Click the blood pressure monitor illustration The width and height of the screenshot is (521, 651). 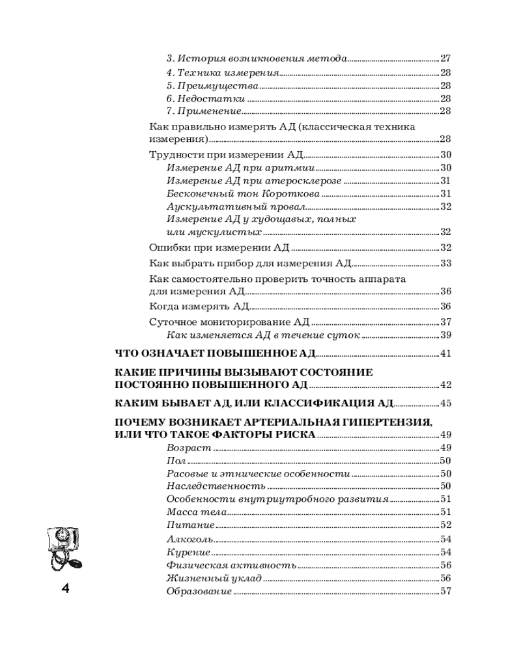(65, 547)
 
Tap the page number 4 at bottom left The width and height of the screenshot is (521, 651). (65, 590)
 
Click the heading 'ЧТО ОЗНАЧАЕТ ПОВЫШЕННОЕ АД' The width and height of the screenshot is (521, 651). (215, 353)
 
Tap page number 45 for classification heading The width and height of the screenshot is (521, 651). (445, 403)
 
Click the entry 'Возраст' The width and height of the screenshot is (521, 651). (189, 449)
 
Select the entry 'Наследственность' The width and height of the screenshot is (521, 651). (216, 486)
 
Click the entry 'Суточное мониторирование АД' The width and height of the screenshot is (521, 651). (229, 322)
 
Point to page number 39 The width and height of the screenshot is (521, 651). (446, 335)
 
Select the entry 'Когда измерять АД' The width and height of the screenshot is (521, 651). (199, 307)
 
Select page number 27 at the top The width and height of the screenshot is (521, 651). (446, 58)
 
